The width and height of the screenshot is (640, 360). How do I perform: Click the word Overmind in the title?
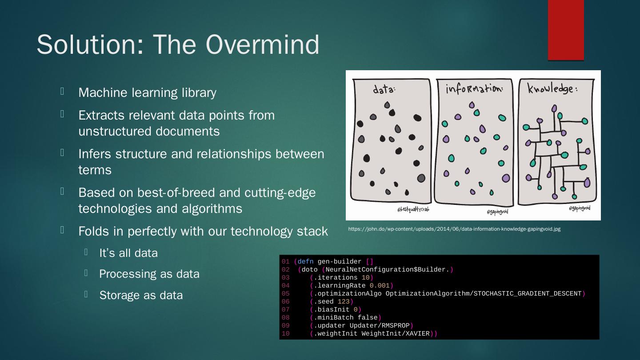pos(262,44)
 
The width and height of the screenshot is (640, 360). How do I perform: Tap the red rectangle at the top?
pos(565,30)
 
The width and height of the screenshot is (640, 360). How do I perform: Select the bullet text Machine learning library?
pos(147,92)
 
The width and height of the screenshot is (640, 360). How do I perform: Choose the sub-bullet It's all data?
pos(128,253)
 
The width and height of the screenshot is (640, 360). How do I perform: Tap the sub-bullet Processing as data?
pos(149,274)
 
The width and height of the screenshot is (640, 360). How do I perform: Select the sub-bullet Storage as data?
pos(141,295)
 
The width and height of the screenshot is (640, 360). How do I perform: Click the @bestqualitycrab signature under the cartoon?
pos(413,209)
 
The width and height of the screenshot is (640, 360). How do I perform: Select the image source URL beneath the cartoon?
pos(454,229)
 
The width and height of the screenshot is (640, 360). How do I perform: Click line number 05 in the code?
pos(285,294)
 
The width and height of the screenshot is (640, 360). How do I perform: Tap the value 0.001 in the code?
pos(380,286)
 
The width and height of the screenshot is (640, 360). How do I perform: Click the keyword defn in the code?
pos(305,262)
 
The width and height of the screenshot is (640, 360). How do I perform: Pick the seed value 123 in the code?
pos(344,302)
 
